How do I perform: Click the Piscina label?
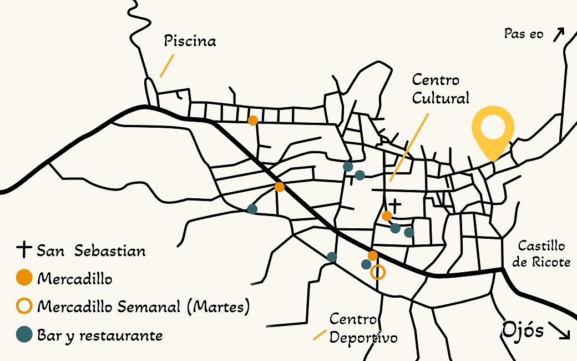click(x=190, y=41)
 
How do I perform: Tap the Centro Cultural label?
click(x=441, y=89)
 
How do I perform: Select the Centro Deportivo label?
click(x=363, y=328)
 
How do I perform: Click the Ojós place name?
click(x=522, y=329)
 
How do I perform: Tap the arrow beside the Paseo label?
click(x=558, y=34)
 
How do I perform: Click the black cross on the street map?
click(x=395, y=204)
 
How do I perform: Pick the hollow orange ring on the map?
click(x=378, y=272)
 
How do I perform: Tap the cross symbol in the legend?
click(x=24, y=249)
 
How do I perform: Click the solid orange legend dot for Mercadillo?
click(x=24, y=278)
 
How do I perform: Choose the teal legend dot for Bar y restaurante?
click(x=24, y=335)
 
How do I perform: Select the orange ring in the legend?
click(x=24, y=306)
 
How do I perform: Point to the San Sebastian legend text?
click(x=91, y=250)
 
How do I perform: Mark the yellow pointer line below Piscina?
click(x=166, y=66)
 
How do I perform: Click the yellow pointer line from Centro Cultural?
click(x=409, y=147)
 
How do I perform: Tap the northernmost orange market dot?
click(x=253, y=120)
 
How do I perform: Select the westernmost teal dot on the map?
click(x=252, y=209)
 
